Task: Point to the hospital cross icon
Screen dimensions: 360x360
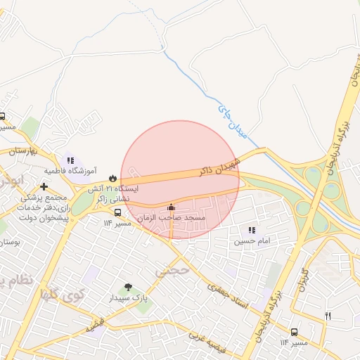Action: (45, 187)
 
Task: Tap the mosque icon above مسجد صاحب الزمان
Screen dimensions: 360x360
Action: (172, 207)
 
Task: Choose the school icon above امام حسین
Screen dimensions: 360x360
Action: (252, 230)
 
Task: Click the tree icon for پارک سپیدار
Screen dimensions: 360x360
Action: (128, 286)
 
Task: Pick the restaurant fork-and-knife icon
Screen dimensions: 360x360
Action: (328, 316)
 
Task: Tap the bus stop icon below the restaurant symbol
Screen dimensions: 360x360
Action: (294, 331)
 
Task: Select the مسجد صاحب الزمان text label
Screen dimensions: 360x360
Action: (172, 219)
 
